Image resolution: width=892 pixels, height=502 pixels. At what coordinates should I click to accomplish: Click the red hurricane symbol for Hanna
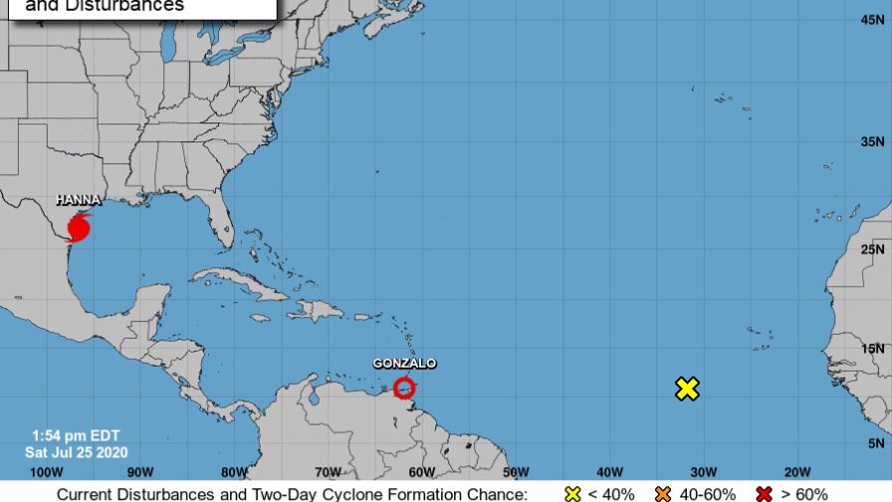[x=79, y=228]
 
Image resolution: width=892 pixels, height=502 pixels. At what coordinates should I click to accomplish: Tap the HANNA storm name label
[x=79, y=200]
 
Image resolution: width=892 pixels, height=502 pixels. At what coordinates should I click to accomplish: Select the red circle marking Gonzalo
[x=404, y=388]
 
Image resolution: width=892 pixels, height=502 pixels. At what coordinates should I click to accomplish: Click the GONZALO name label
[x=404, y=364]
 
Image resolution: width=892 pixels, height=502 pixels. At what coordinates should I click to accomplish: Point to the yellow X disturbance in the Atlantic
[x=687, y=388]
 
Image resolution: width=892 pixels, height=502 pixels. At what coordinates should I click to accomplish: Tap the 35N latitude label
[x=874, y=141]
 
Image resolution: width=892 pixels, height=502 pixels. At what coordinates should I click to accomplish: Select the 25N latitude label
[x=874, y=248]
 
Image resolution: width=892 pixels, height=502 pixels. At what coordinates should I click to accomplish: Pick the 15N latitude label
[x=874, y=348]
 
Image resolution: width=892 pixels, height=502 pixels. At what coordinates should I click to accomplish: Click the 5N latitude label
[x=877, y=442]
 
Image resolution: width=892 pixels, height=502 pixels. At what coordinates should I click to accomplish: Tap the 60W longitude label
[x=421, y=471]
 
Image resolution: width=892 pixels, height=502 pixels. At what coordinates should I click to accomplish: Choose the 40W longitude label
[x=609, y=471]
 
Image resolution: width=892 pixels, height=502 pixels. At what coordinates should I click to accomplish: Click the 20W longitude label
[x=796, y=471]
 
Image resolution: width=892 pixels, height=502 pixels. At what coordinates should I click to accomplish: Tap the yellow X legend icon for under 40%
[x=571, y=493]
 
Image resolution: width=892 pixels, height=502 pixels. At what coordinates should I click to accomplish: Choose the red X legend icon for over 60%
[x=766, y=493]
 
